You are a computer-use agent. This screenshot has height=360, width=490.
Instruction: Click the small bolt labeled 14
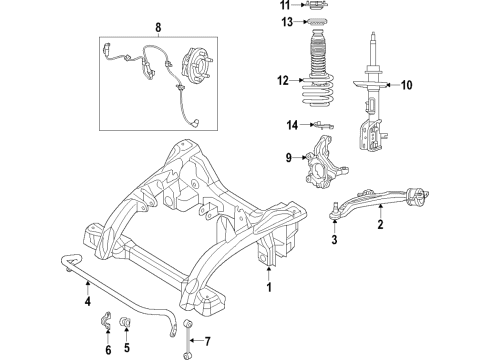click(x=321, y=125)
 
